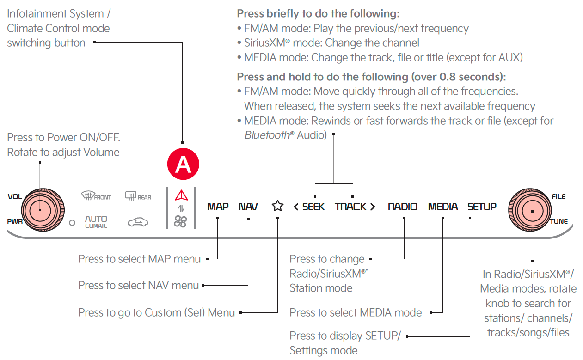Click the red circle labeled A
coord(183,164)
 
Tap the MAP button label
coord(218,207)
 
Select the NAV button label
coord(248,207)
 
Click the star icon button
coord(277,206)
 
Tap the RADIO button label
coord(402,207)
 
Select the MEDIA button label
coord(443,207)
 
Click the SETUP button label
coord(482,207)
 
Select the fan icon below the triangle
coord(181,222)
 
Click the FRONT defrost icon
coord(96,196)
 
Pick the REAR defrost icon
coord(138,196)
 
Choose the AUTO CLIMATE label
coord(96,221)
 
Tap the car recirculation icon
coord(138,222)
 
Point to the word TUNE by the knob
coord(558,221)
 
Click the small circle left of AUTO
coord(72,223)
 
